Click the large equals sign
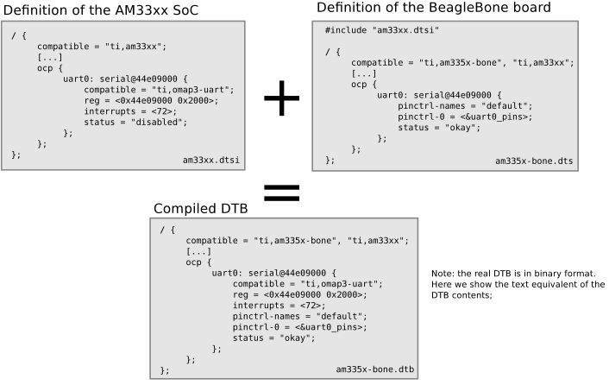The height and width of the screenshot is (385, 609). click(x=281, y=192)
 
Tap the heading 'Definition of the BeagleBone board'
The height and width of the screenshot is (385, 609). click(x=434, y=8)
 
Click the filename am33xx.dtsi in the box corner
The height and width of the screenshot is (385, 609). click(x=210, y=160)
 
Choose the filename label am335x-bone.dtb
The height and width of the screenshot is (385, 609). click(x=375, y=370)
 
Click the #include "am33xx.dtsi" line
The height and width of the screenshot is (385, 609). click(x=382, y=30)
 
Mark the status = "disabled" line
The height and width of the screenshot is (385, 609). click(x=135, y=122)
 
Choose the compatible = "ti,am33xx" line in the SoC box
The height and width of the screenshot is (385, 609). click(x=101, y=46)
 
